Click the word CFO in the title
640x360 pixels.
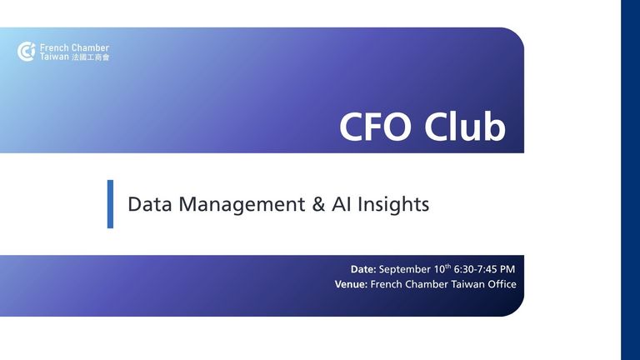click(375, 126)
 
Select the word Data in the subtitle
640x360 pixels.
click(150, 204)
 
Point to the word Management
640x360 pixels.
click(242, 205)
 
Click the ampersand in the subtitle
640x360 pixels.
click(318, 204)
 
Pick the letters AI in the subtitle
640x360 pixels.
click(341, 204)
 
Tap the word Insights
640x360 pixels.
click(393, 205)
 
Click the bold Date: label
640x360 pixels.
click(363, 269)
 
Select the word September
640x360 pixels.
click(405, 270)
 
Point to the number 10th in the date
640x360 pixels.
click(442, 268)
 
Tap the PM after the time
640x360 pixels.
click(507, 269)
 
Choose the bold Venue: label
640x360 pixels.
click(351, 284)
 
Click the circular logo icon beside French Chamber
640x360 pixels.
click(27, 52)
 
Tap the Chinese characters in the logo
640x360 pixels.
click(91, 57)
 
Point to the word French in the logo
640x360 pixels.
click(53, 47)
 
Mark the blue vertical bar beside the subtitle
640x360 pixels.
click(110, 204)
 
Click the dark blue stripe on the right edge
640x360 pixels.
click(631, 180)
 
